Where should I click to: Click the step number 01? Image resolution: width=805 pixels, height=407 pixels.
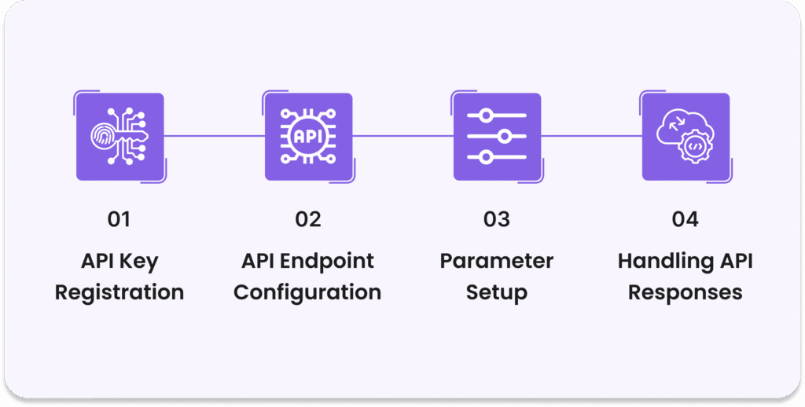[x=119, y=219]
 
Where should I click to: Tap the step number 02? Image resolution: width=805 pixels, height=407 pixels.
[x=308, y=219]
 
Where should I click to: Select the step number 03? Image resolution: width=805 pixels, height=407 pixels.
[x=497, y=219]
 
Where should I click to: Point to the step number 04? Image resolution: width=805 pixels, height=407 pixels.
[x=686, y=219]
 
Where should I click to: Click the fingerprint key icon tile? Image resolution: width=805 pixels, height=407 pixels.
[x=119, y=137]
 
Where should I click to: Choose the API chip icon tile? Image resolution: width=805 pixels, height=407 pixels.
[x=308, y=137]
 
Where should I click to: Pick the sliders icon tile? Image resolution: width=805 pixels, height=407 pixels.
[x=497, y=137]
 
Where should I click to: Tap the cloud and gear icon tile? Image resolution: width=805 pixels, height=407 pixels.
[x=686, y=137]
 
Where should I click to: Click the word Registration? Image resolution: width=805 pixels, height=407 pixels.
[x=119, y=293]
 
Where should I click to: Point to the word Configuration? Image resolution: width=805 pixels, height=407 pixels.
[x=307, y=293]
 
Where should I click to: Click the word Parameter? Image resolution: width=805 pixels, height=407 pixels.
[x=497, y=261]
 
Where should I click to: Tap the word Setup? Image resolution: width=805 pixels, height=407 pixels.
[x=497, y=293]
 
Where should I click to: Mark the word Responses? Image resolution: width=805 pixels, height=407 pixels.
[x=686, y=293]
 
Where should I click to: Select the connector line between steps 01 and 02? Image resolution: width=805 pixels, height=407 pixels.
[x=214, y=136]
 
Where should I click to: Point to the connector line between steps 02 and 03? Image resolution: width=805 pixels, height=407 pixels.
[x=402, y=136]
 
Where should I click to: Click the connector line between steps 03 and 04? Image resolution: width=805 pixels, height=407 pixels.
[x=591, y=136]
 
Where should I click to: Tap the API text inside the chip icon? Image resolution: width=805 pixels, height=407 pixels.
[x=307, y=136]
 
